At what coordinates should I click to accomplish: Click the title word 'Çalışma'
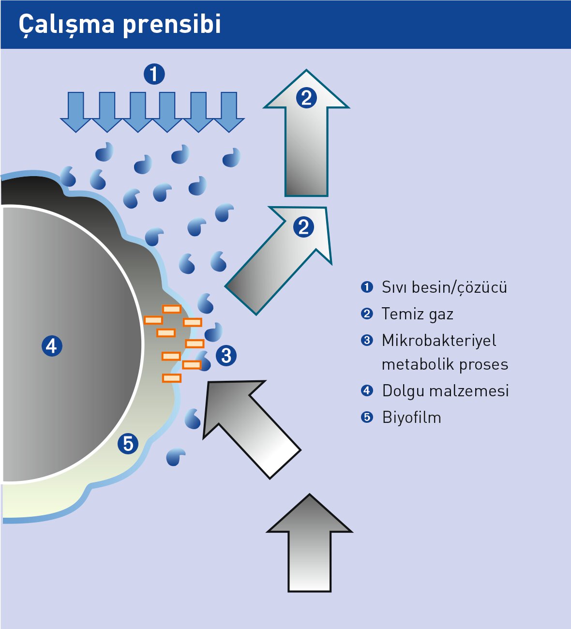click(x=67, y=24)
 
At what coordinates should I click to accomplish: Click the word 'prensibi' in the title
click(x=172, y=24)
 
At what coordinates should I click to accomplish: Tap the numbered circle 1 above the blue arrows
click(x=154, y=74)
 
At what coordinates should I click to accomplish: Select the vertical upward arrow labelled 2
click(x=306, y=140)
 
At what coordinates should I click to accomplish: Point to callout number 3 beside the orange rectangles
click(x=226, y=356)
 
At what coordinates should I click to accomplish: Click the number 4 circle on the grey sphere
click(x=52, y=346)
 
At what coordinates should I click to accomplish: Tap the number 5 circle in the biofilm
click(x=128, y=444)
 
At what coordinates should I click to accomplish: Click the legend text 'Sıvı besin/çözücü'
click(x=444, y=287)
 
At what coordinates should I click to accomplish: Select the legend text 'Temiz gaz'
click(x=417, y=314)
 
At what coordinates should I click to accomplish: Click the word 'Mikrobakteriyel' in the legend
click(x=439, y=340)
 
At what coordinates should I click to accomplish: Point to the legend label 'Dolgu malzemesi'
click(x=445, y=390)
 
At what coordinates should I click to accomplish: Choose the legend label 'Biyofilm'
click(x=411, y=417)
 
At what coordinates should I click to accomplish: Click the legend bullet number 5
click(x=367, y=417)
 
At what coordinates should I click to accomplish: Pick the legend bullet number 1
click(x=367, y=287)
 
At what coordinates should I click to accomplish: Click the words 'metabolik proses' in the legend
click(x=445, y=364)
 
